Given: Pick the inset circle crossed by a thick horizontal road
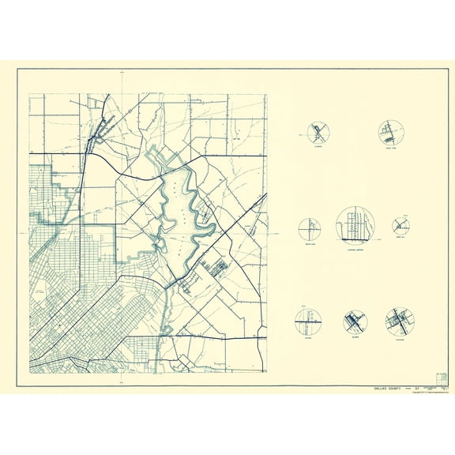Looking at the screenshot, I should (x=307, y=321).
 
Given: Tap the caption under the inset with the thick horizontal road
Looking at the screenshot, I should (x=307, y=337).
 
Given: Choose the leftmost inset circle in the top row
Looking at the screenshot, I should (x=319, y=132).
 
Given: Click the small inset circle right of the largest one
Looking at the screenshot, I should (x=400, y=225).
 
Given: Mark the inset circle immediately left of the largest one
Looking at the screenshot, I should (x=309, y=229).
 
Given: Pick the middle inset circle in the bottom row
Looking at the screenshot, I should (x=355, y=322).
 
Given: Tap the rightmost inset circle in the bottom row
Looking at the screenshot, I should (x=400, y=320).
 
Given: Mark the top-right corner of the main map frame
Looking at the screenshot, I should (x=267, y=94).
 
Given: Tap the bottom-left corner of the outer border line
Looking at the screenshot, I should (x=17, y=386).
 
